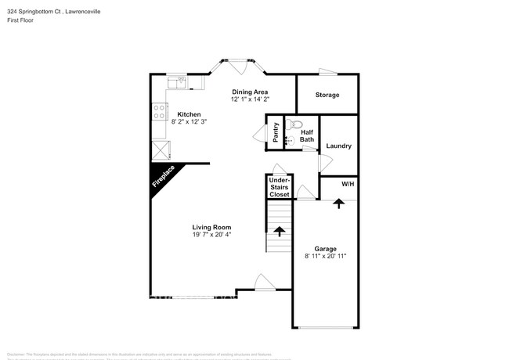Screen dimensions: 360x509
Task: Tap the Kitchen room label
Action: click(x=189, y=114)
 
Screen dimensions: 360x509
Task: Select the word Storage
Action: click(x=327, y=95)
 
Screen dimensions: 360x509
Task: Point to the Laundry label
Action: click(x=338, y=146)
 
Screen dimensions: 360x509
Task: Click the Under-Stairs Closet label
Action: click(x=280, y=187)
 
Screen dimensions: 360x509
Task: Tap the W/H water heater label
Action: click(x=348, y=185)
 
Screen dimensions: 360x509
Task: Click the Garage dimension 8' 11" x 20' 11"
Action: click(x=325, y=256)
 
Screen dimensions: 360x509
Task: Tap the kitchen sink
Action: click(x=182, y=81)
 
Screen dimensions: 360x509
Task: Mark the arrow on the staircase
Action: click(x=279, y=232)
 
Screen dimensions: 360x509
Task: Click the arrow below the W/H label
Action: click(x=338, y=203)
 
